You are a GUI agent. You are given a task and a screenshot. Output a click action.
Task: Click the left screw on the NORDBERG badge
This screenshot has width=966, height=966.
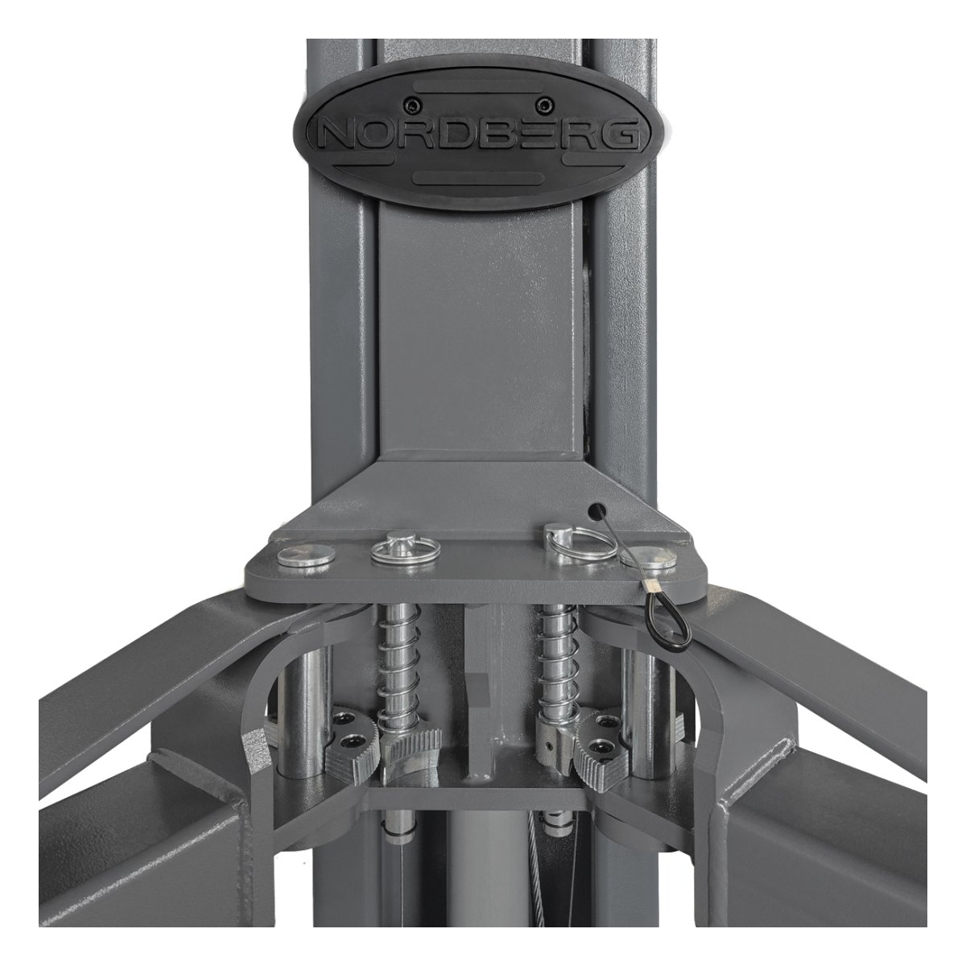click(411, 105)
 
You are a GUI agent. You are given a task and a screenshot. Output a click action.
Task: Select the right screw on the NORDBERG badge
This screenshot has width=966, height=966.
click(543, 105)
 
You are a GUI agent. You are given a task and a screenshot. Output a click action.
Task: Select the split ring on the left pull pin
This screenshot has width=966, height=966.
click(405, 552)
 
